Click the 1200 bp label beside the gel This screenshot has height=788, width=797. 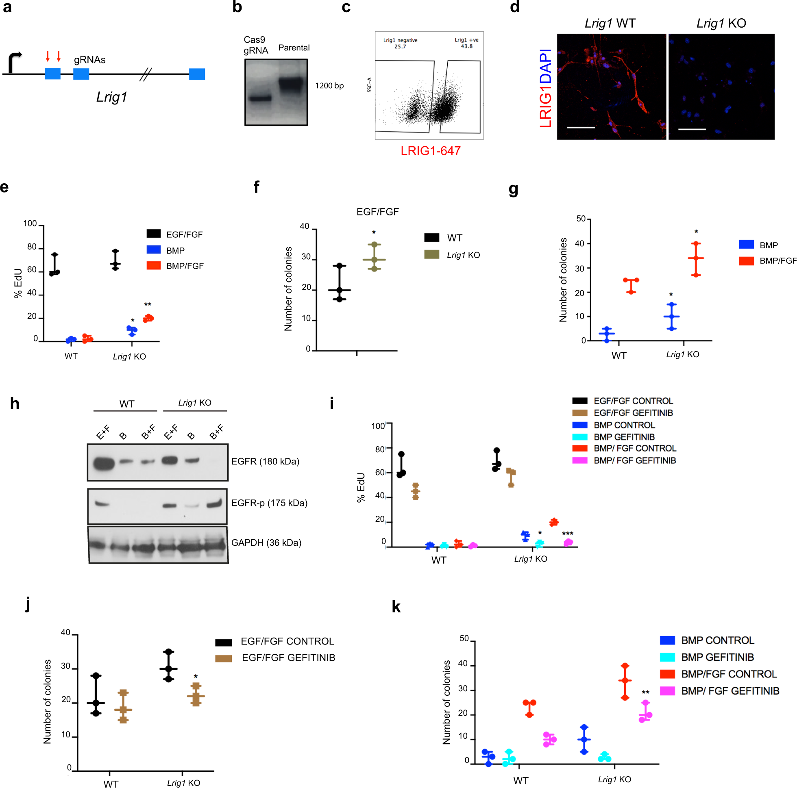pyautogui.click(x=329, y=86)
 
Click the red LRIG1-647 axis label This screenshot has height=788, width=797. pyautogui.click(x=430, y=151)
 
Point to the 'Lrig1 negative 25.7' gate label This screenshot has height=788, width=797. pyautogui.click(x=400, y=43)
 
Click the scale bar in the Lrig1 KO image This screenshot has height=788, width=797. pyautogui.click(x=692, y=130)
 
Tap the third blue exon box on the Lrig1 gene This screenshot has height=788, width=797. pyautogui.click(x=197, y=74)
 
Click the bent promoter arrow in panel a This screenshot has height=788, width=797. pyautogui.click(x=14, y=62)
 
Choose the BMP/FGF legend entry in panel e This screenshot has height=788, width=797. pyautogui.click(x=184, y=266)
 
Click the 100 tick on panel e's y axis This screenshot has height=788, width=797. pyautogui.click(x=30, y=224)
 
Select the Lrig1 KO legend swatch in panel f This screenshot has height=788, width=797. pyautogui.click(x=431, y=254)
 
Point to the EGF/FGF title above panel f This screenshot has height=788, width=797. pyautogui.click(x=377, y=212)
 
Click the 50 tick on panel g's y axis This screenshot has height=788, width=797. pyautogui.click(x=581, y=219)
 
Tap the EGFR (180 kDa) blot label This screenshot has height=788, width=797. pyautogui.click(x=265, y=461)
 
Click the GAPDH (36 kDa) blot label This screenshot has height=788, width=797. pyautogui.click(x=266, y=543)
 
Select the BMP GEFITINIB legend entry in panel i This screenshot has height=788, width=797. pyautogui.click(x=624, y=437)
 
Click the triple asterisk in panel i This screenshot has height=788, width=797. pyautogui.click(x=568, y=534)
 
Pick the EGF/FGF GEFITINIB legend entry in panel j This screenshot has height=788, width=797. pyautogui.click(x=288, y=658)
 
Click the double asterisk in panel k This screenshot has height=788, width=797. pyautogui.click(x=645, y=693)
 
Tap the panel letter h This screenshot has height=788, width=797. pyautogui.click(x=15, y=404)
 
